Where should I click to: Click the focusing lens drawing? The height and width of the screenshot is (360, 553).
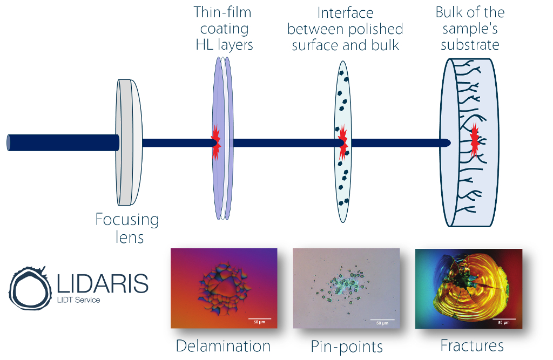[129, 142]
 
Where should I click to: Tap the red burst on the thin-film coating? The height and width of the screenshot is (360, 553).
[215, 143]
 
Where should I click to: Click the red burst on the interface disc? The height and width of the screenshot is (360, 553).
[342, 142]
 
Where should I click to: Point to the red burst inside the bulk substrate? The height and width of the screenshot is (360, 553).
[475, 140]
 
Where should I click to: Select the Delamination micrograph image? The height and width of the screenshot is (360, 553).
[224, 288]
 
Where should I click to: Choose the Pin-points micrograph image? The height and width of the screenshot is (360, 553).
[346, 288]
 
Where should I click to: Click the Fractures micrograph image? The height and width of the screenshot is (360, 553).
[469, 289]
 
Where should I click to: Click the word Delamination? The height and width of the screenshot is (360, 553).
[223, 346]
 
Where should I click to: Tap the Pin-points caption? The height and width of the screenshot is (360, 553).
[347, 347]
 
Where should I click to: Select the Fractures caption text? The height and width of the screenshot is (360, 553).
[472, 345]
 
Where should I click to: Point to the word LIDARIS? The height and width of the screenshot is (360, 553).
[103, 283]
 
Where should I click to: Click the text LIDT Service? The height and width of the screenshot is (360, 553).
[79, 300]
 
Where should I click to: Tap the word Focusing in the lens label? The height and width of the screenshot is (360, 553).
[127, 220]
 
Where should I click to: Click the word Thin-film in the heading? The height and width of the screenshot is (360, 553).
[222, 13]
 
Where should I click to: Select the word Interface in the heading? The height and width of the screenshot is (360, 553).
[345, 13]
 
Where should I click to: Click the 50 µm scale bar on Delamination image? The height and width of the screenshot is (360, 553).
[260, 319]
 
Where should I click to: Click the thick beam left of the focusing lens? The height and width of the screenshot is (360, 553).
[63, 143]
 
